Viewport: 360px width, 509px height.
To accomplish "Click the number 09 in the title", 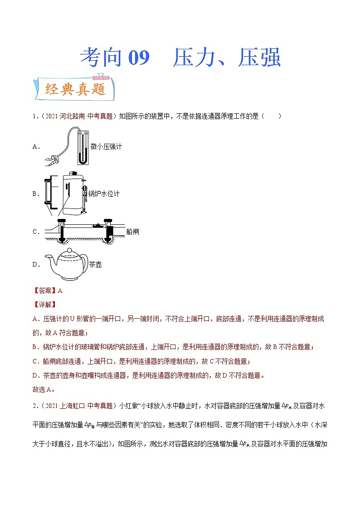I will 139,58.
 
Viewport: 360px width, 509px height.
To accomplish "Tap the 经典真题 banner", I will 75,89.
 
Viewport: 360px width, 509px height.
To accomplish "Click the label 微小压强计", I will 106,146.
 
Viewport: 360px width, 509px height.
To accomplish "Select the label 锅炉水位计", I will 104,194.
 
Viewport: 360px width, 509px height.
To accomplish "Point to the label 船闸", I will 133,232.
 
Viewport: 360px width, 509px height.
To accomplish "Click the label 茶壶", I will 96,264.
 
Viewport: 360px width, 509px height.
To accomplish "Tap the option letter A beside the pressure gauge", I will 36,146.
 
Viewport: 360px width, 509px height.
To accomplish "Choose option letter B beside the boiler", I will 36,194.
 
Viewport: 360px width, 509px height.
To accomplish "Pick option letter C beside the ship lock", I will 36,232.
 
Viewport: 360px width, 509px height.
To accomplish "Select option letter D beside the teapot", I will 36,264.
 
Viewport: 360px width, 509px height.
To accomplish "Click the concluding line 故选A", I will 44,389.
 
